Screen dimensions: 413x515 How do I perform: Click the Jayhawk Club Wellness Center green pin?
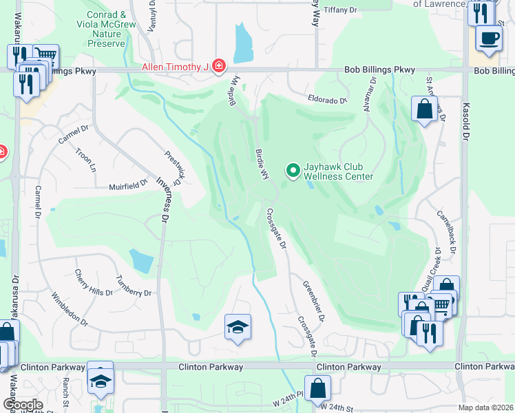pyautogui.click(x=293, y=169)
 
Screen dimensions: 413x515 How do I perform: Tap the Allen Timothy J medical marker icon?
pyautogui.click(x=218, y=66)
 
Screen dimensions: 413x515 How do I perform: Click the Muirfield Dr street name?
pyautogui.click(x=128, y=184)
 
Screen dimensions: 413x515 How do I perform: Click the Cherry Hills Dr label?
pyautogui.click(x=93, y=282)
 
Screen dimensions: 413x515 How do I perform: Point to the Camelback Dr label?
pyautogui.click(x=446, y=231)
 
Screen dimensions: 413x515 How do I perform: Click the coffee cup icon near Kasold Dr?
pyautogui.click(x=489, y=38)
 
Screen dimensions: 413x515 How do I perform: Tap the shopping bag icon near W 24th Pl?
pyautogui.click(x=317, y=389)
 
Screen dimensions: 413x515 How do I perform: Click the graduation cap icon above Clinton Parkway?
pyautogui.click(x=238, y=328)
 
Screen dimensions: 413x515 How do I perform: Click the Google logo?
pyautogui.click(x=23, y=405)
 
